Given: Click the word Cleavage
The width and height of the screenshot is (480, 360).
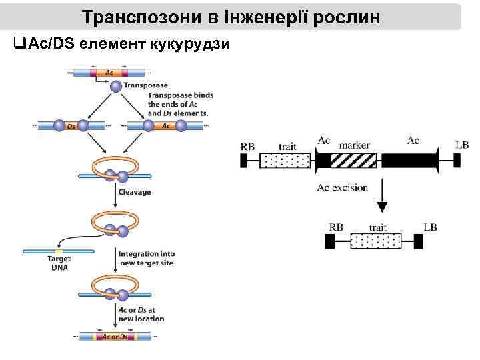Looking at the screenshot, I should pyautogui.click(x=134, y=192).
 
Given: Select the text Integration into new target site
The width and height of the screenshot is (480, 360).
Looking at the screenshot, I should pyautogui.click(x=146, y=259).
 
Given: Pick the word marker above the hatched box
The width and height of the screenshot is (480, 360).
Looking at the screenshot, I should pyautogui.click(x=355, y=144).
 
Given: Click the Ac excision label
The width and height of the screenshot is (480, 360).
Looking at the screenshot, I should pyautogui.click(x=342, y=188).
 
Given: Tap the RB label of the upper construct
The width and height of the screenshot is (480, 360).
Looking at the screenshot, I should pyautogui.click(x=247, y=145).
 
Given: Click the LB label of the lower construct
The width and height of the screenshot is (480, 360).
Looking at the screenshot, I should pyautogui.click(x=430, y=227).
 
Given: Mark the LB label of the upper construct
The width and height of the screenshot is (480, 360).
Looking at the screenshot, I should pyautogui.click(x=461, y=145).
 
